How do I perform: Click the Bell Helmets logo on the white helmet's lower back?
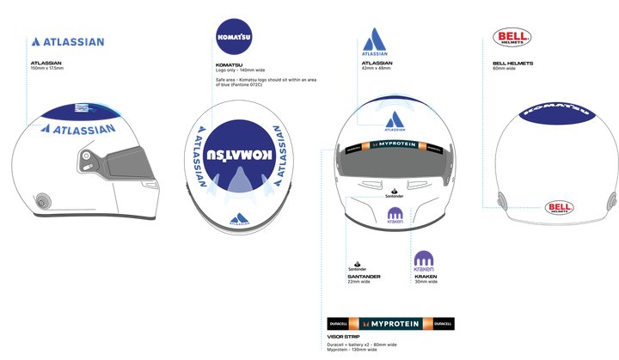coord(560,207)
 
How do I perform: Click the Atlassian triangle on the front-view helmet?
coord(395,122)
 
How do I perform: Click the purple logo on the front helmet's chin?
coord(395,213)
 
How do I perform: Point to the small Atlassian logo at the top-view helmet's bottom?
coord(239,217)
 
